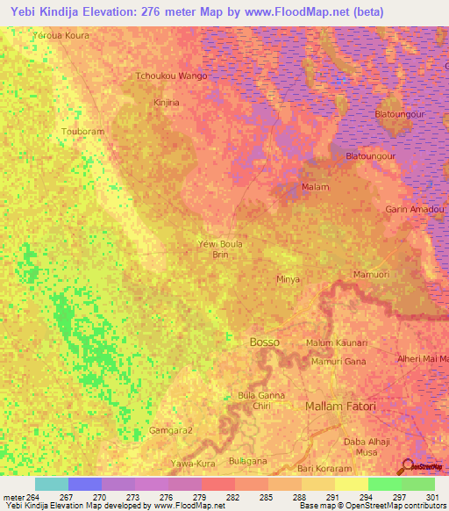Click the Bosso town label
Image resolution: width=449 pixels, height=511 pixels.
[x=265, y=341]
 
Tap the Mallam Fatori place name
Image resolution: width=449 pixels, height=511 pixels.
[x=340, y=407]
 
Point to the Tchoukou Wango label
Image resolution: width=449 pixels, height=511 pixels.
[x=171, y=76]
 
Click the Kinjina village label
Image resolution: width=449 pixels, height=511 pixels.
[x=167, y=103]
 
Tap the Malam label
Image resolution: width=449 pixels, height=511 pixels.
[x=315, y=187]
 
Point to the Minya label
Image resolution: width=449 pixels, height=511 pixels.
[x=289, y=279]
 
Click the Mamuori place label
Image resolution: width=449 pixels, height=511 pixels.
[x=371, y=275]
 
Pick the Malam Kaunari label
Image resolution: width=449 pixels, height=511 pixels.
[x=337, y=342]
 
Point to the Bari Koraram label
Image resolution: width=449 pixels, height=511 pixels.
[x=324, y=469]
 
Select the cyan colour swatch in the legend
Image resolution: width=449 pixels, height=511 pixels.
[x=52, y=484]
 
